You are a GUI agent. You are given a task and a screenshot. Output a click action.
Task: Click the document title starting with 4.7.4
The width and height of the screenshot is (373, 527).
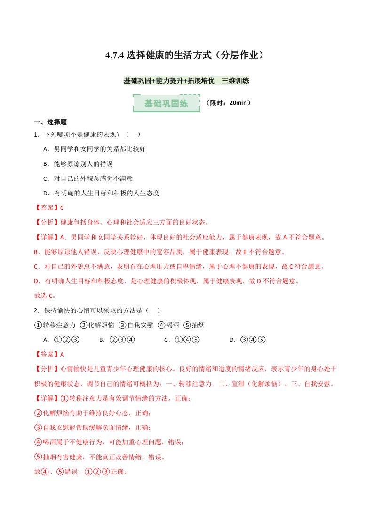coord(186,55)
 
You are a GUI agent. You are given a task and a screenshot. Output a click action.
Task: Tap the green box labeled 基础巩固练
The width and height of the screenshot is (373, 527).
coord(166,103)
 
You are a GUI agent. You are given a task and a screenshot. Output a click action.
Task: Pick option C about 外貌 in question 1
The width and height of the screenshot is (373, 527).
coord(87,178)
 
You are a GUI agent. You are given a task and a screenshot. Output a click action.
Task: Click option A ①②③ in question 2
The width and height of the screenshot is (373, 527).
coord(61,340)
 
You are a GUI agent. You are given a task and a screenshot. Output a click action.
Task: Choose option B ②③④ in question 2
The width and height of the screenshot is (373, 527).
coord(117,340)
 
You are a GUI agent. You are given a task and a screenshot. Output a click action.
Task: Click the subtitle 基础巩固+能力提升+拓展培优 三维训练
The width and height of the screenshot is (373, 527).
coord(186,81)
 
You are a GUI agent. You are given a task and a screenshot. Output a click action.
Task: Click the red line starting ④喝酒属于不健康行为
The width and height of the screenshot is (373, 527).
coord(109,442)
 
